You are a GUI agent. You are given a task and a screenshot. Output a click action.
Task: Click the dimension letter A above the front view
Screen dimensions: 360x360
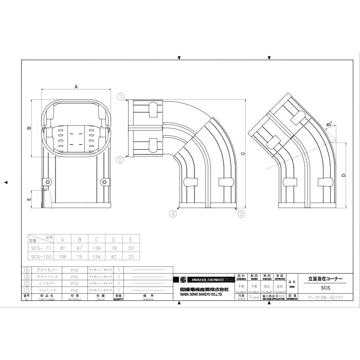pyautogui.click(x=77, y=87)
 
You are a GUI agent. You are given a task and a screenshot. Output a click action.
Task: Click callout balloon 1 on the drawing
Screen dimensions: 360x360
pyautogui.click(x=120, y=96)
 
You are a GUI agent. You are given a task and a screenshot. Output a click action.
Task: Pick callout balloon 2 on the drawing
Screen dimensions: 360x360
pyautogui.click(x=120, y=160)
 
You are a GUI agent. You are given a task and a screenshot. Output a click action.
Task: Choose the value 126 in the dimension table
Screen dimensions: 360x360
pyautogui.click(x=96, y=248)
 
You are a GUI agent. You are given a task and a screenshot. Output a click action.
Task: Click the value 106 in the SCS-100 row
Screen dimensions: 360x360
pyautogui.click(x=62, y=257)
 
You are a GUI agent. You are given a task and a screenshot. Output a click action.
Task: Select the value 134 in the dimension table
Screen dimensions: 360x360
pyautogui.click(x=96, y=257)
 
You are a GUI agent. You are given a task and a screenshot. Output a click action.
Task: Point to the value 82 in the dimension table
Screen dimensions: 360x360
pyautogui.click(x=113, y=257)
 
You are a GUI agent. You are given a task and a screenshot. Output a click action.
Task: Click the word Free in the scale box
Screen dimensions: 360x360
pyautogui.click(x=254, y=297)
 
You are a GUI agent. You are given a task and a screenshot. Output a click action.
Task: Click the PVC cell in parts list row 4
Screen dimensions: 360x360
pyautogui.click(x=75, y=269)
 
